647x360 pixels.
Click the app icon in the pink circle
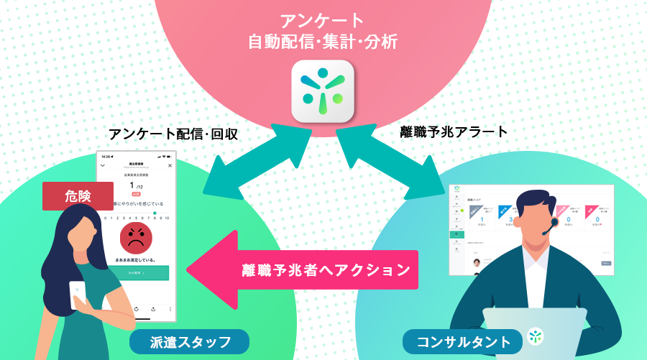click(x=323, y=91)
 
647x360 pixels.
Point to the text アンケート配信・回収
click(x=173, y=134)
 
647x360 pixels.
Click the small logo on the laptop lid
click(x=535, y=335)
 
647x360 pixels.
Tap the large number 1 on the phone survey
click(x=132, y=185)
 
